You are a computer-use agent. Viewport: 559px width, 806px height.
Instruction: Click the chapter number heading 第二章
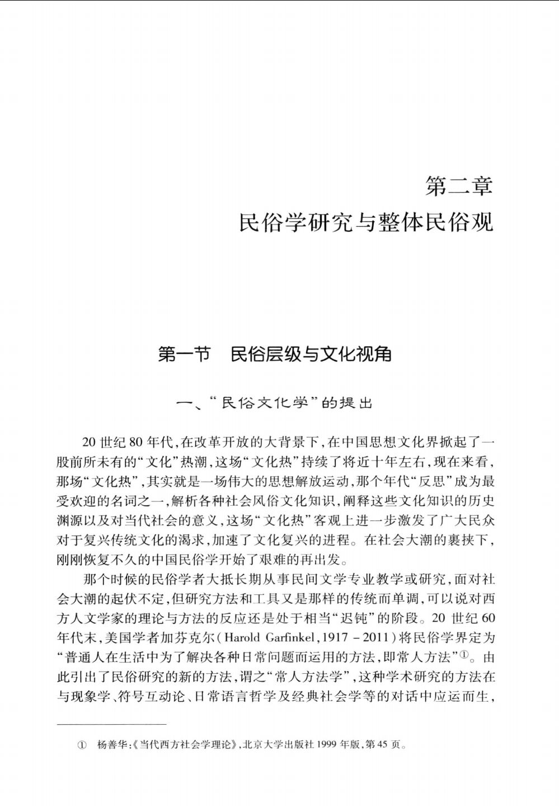(x=458, y=186)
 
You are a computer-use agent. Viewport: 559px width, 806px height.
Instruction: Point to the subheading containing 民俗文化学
(x=274, y=403)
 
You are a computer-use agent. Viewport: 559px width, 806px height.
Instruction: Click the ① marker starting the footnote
(x=82, y=746)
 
